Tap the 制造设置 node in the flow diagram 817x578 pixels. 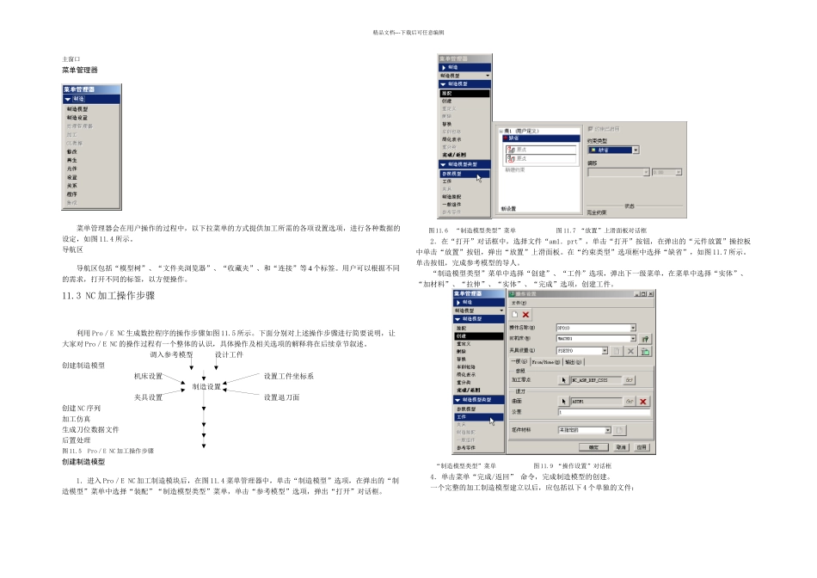point(206,387)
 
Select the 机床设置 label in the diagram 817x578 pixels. point(148,376)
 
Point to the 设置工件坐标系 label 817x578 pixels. point(288,376)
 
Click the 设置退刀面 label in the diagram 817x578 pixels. point(282,397)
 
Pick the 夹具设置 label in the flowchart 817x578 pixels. point(148,397)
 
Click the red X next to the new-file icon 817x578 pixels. point(526,315)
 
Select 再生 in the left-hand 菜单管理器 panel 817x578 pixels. point(72,160)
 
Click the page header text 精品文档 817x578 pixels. point(408,32)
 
